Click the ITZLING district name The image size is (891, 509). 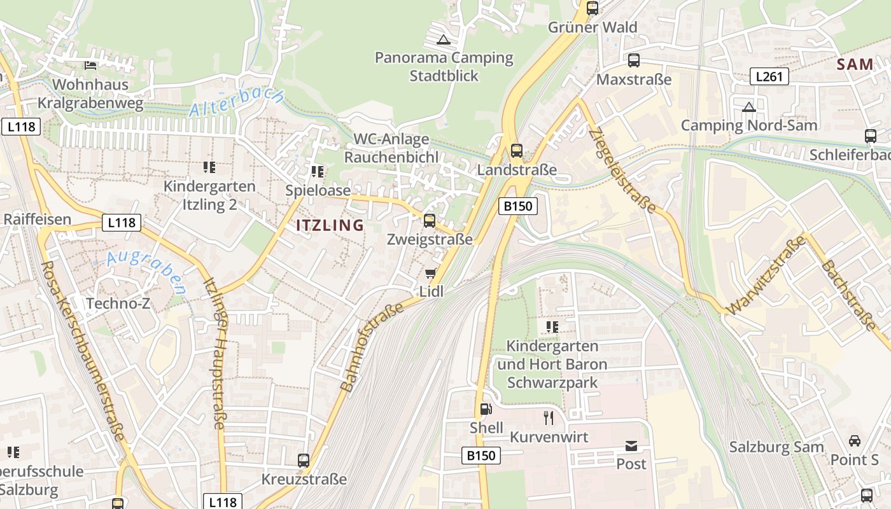[x=330, y=225]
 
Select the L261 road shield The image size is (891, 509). [x=769, y=76]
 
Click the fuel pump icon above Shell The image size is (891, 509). [x=486, y=408]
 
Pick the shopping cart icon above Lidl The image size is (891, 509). [x=431, y=274]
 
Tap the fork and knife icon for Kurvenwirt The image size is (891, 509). [x=549, y=417]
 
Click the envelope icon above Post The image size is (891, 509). [x=631, y=445]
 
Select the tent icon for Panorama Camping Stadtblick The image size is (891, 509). [x=444, y=39]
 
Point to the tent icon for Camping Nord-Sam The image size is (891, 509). [x=749, y=106]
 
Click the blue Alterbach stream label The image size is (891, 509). [x=237, y=102]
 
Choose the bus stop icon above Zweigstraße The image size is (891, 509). [x=430, y=221]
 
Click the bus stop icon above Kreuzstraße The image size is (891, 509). [x=304, y=460]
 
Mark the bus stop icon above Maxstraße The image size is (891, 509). [x=633, y=60]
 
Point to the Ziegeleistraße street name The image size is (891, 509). [x=622, y=169]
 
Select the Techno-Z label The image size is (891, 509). [x=118, y=303]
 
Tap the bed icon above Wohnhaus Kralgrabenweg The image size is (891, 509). [x=90, y=65]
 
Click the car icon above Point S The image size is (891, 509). [x=854, y=440]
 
